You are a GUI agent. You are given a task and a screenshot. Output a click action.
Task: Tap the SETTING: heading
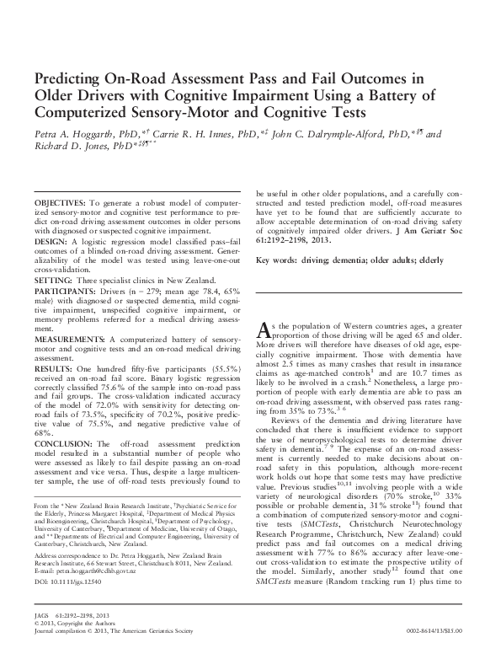52,281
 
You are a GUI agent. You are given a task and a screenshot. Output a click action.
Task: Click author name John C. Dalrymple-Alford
325,133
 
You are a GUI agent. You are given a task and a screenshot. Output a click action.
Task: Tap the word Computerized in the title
83,111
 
